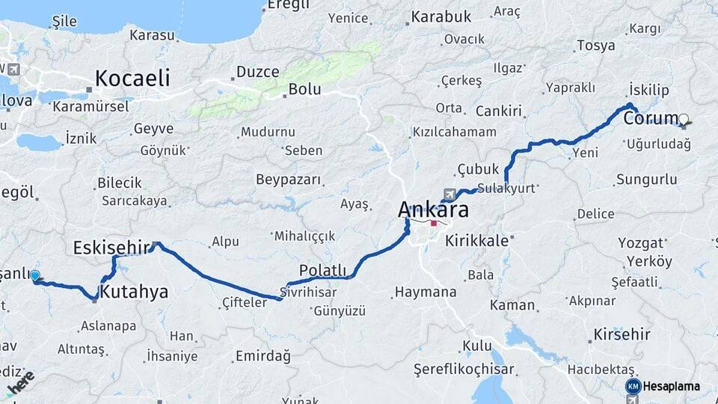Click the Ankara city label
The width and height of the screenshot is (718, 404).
tap(434, 209)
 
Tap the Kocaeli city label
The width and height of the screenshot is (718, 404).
tap(132, 79)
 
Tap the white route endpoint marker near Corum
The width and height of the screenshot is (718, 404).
tap(684, 118)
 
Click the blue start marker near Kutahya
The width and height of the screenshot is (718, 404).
tap(34, 276)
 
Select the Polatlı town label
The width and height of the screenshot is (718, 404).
tap(322, 269)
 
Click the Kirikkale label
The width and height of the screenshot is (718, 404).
tap(476, 241)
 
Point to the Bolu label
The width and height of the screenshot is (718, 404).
tap(304, 89)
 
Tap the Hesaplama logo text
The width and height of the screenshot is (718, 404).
tap(671, 386)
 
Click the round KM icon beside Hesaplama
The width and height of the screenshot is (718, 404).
tap(633, 386)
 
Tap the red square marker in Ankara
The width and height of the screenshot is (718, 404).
tap(434, 223)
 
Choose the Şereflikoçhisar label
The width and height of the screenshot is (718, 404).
tap(464, 370)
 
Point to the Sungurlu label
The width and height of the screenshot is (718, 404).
tap(646, 180)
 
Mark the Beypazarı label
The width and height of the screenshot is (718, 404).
tap(288, 180)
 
